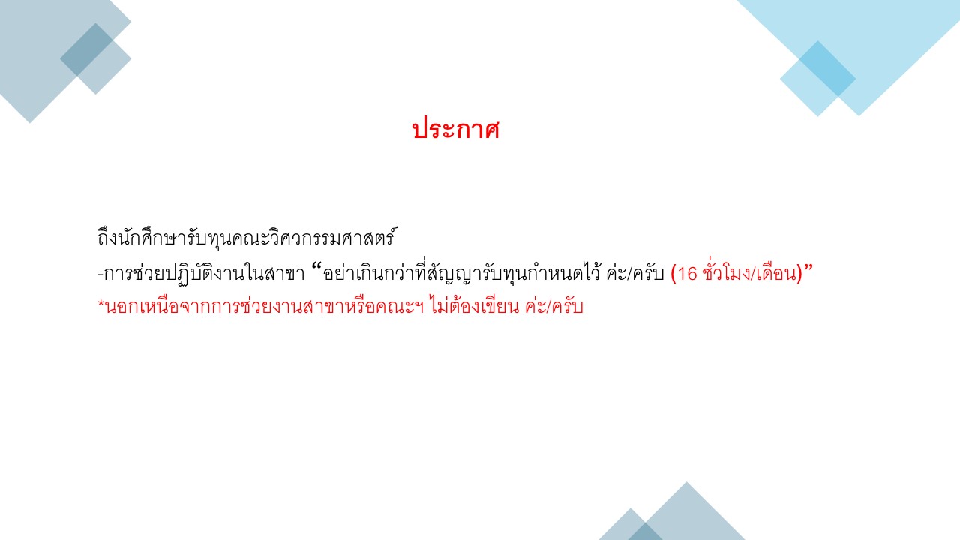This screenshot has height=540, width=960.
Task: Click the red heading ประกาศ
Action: (456, 128)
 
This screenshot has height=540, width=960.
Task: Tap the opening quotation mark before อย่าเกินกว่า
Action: (316, 268)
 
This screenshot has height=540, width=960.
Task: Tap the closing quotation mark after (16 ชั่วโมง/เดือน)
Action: (808, 268)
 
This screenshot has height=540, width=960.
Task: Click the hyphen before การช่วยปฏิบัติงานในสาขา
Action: (100, 274)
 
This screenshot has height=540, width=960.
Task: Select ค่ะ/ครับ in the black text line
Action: (635, 273)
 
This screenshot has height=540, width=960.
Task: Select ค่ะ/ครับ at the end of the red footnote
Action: (554, 306)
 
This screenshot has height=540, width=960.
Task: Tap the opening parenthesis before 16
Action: (673, 274)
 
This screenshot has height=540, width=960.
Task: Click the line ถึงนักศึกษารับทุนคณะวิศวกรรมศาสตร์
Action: (247, 237)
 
